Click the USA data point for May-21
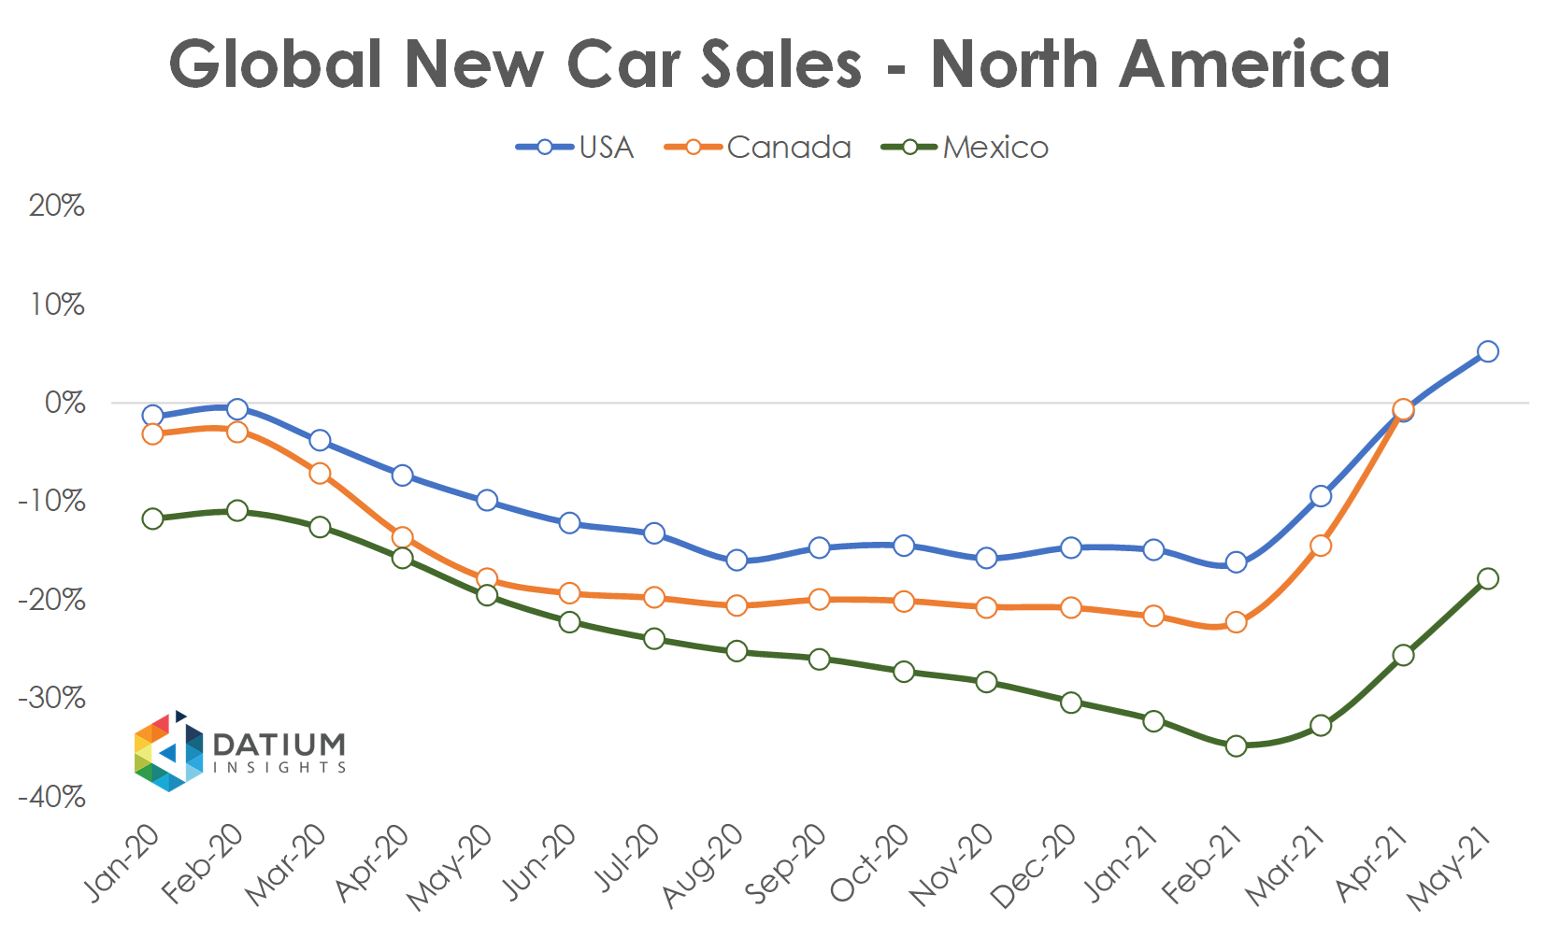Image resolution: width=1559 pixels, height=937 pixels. [1488, 352]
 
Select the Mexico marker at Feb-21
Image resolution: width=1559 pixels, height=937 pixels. [1237, 745]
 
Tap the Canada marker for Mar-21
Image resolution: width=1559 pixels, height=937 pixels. [1321, 546]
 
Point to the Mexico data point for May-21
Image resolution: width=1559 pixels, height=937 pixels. [1488, 579]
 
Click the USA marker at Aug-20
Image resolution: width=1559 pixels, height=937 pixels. [737, 561]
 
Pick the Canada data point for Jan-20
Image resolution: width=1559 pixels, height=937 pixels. [153, 434]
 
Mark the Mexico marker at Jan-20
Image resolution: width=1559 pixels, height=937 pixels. [153, 518]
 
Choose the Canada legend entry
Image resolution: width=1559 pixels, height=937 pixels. [759, 148]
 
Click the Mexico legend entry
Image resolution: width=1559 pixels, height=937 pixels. [966, 148]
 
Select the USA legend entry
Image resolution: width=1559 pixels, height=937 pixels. [576, 148]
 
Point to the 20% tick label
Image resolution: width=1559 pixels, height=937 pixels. [57, 206]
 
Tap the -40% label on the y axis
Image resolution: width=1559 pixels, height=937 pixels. [52, 797]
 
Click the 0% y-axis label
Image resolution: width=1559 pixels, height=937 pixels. [64, 403]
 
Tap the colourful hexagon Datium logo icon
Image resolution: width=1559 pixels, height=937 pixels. [168, 752]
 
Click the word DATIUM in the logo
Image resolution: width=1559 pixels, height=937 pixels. [279, 744]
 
